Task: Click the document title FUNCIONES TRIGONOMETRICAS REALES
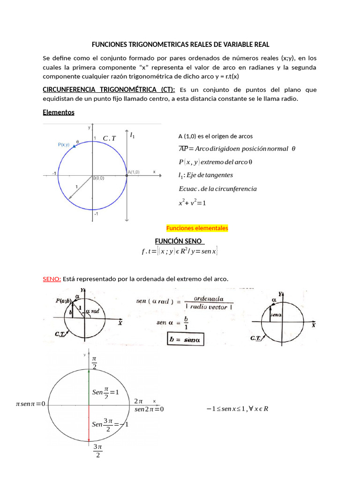[x=180, y=45]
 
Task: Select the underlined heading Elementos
[x=58, y=112]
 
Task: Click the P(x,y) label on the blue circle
[x=64, y=145]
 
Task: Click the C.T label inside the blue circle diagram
[x=109, y=138]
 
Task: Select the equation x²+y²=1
[x=192, y=203]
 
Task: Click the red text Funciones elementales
[x=197, y=228]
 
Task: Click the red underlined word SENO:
[x=52, y=279]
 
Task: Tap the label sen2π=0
[x=149, y=409]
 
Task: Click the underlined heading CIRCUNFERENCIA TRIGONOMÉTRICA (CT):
[x=109, y=90]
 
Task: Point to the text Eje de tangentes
[x=209, y=175]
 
